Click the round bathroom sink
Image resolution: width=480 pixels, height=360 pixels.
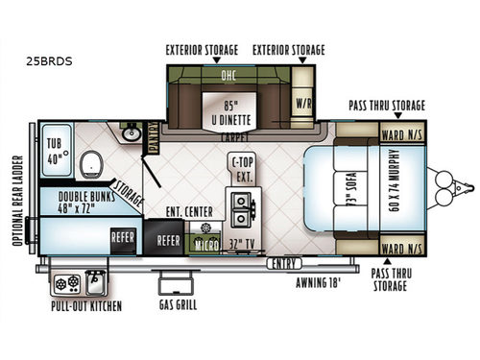pos(132,135)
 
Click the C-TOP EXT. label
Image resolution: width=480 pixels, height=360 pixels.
pos(242,170)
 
